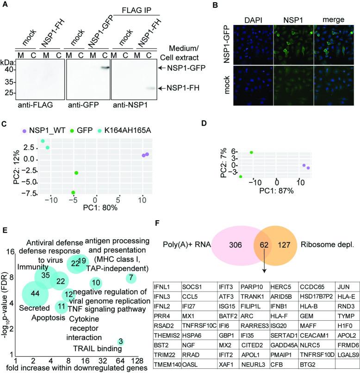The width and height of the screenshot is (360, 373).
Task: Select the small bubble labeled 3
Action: pos(121,355)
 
